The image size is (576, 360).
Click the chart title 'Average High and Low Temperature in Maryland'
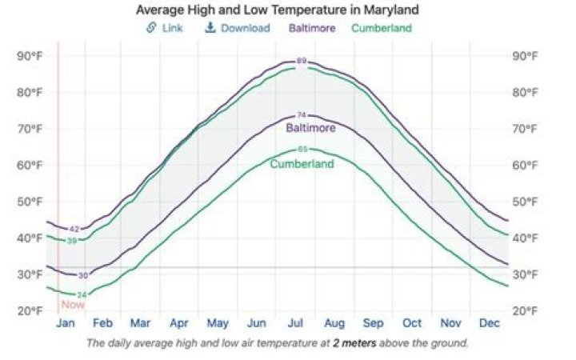pyautogui.click(x=277, y=10)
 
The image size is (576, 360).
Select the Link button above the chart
pyautogui.click(x=165, y=28)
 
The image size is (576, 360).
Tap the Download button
pyautogui.click(x=238, y=28)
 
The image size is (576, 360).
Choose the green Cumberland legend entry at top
pyautogui.click(x=382, y=28)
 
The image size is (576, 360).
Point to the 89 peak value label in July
pyautogui.click(x=302, y=61)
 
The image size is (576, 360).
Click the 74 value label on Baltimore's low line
pyautogui.click(x=302, y=115)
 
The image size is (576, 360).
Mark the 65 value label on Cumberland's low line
pyautogui.click(x=302, y=149)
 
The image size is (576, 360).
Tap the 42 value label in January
pyautogui.click(x=74, y=230)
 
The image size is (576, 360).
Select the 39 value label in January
pyautogui.click(x=71, y=240)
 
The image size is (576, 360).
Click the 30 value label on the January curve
pyautogui.click(x=82, y=275)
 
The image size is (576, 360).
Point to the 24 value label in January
pyautogui.click(x=82, y=294)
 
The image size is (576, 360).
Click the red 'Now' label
pyautogui.click(x=72, y=305)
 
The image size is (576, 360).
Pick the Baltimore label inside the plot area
pyautogui.click(x=310, y=128)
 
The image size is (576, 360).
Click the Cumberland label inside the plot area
pyautogui.click(x=302, y=164)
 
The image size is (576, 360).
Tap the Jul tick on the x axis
pyautogui.click(x=295, y=323)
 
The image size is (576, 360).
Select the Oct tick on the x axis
pyautogui.click(x=411, y=323)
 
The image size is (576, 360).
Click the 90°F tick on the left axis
pyautogui.click(x=30, y=56)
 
